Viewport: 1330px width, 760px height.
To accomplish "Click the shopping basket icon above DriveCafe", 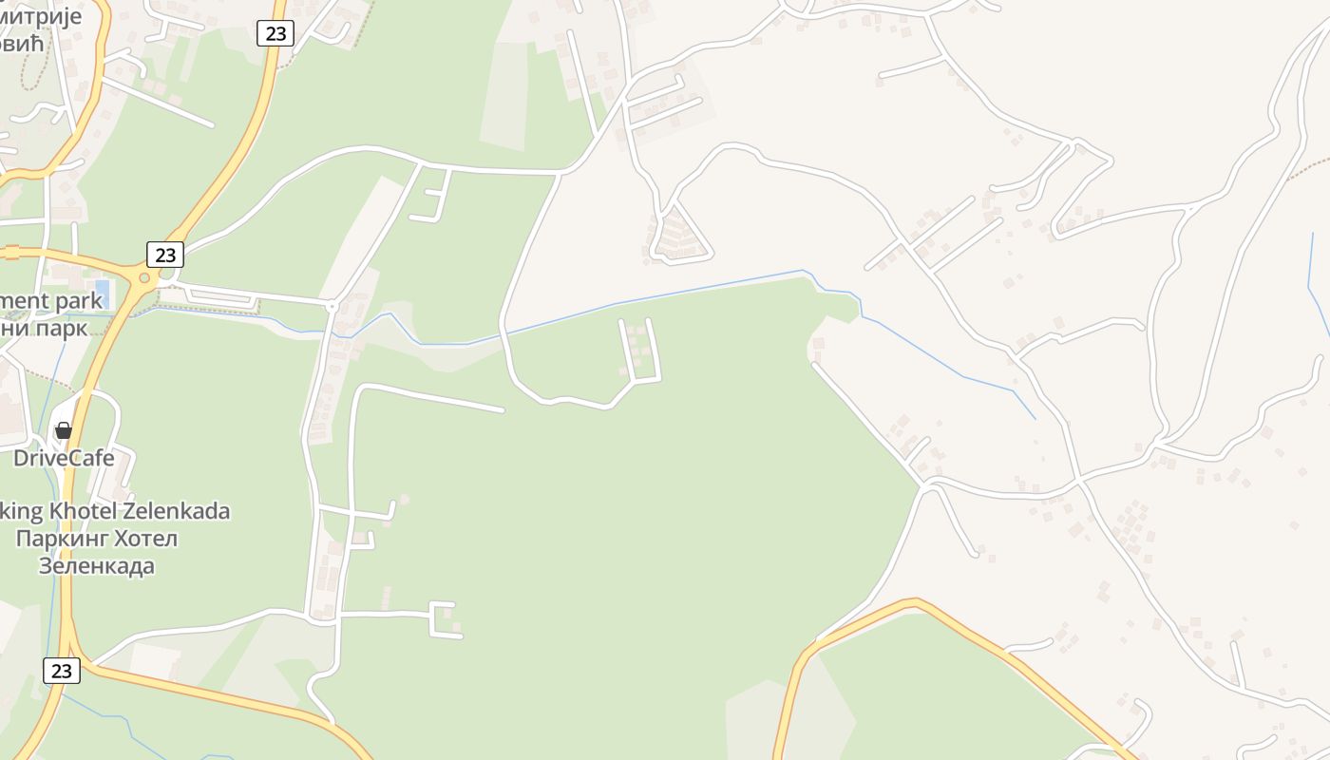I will [64, 430].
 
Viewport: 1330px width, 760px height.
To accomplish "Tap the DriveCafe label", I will [64, 458].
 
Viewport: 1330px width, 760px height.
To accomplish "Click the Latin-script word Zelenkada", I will [186, 511].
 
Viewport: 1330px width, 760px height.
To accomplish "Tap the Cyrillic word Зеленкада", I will [96, 566].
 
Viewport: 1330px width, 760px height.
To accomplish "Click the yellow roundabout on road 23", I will [144, 278].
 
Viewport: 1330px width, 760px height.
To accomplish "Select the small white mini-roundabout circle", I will [332, 306].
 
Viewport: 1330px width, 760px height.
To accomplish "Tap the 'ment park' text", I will [50, 301].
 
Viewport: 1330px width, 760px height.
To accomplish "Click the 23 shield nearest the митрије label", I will [275, 33].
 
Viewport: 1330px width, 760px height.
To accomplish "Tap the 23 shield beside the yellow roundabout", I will [165, 255].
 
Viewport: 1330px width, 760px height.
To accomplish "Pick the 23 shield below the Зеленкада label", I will [62, 671].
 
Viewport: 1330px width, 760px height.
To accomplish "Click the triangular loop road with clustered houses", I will [680, 235].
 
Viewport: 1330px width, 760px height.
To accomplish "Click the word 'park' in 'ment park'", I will [79, 301].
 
